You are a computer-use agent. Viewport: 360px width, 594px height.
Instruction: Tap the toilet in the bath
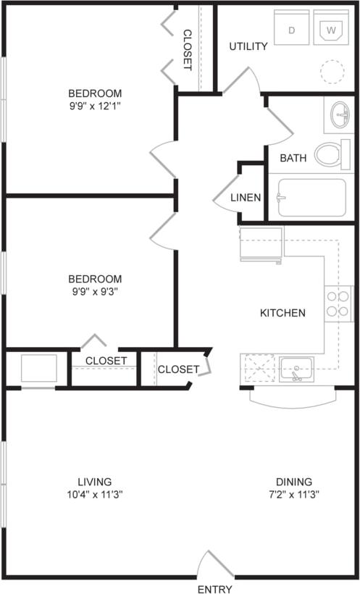[331, 154]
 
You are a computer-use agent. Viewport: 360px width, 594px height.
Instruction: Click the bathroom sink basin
[340, 115]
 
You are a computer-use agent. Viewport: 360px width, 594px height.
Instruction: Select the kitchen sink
[296, 368]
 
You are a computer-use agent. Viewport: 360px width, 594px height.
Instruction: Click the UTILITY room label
[248, 46]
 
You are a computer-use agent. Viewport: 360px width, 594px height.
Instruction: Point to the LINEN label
[246, 197]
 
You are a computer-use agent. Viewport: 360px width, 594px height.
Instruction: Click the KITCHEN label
[282, 313]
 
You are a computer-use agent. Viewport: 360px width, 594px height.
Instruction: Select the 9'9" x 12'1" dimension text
[95, 106]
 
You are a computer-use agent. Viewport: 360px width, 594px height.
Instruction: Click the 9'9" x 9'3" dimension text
[95, 292]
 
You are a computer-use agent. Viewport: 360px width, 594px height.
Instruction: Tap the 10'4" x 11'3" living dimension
[95, 495]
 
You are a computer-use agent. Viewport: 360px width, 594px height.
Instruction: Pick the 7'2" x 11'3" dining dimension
[293, 495]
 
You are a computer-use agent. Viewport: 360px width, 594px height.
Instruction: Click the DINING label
[293, 482]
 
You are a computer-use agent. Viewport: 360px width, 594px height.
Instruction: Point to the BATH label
[293, 158]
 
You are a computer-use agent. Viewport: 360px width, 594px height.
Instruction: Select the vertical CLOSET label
[187, 49]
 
